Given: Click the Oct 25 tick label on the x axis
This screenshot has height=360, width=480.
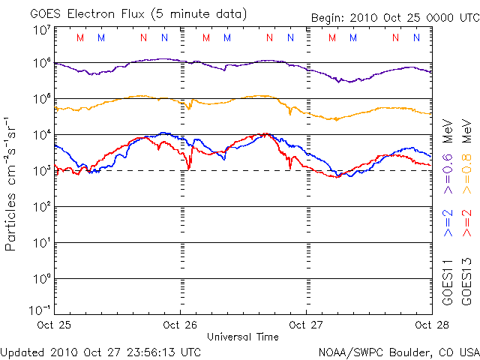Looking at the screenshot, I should [54, 325].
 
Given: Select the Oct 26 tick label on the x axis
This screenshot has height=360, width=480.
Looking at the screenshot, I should [180, 325].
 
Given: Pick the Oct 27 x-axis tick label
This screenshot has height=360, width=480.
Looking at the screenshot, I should [306, 325].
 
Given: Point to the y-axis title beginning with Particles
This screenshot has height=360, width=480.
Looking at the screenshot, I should [12, 183].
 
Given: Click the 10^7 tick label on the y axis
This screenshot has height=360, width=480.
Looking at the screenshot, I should [40, 31].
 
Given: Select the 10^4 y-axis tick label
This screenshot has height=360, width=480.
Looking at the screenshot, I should [40, 135].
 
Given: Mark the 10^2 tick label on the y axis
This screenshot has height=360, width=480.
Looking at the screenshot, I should [40, 207].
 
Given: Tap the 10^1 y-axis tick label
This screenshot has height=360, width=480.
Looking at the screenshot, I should [40, 243].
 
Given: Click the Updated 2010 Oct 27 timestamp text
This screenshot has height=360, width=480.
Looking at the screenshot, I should [101, 351].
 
